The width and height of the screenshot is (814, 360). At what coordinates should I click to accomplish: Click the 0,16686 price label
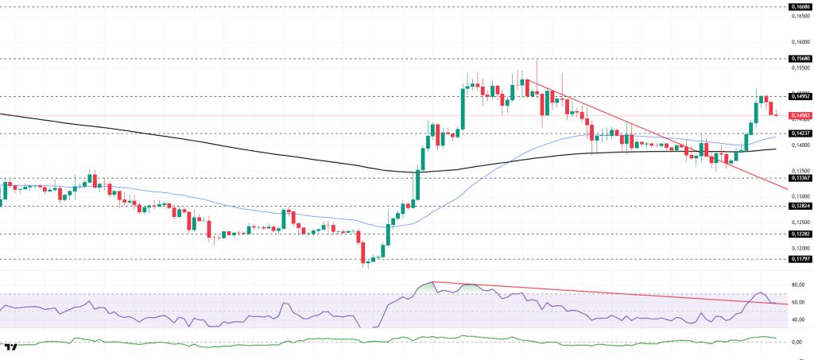(799, 6)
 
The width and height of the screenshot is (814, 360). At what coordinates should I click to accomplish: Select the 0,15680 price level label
(799, 58)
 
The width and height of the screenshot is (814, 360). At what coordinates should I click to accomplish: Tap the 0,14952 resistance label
(799, 96)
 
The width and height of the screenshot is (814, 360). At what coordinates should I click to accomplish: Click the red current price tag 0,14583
(799, 115)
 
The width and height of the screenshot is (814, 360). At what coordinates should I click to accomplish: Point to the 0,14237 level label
(799, 134)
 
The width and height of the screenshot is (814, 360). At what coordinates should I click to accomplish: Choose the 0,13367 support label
(799, 178)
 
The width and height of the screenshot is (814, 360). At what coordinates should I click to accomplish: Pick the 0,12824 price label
(799, 206)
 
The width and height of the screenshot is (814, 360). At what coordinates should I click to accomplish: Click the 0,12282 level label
(799, 234)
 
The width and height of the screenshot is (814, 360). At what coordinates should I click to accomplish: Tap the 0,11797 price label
(799, 259)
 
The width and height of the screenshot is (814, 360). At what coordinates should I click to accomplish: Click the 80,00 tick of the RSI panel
(798, 285)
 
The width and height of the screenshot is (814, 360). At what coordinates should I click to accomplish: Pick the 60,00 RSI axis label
(798, 302)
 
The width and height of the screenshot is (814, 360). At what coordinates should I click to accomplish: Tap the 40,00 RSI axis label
(798, 319)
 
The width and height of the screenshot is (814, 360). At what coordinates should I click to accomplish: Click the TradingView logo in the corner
(11, 348)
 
